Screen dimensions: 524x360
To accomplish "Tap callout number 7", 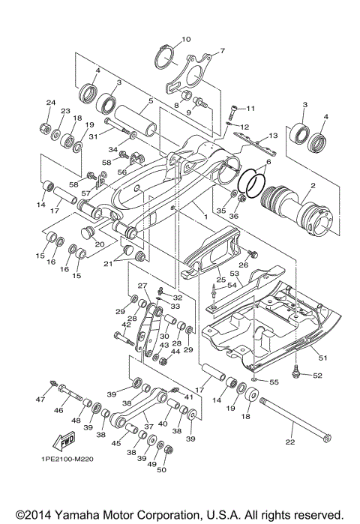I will pyautogui.click(x=221, y=52).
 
